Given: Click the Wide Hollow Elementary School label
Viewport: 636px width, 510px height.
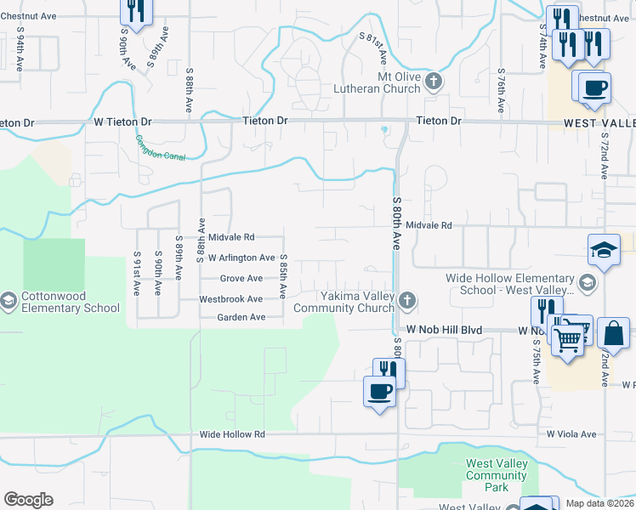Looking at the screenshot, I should (511, 284).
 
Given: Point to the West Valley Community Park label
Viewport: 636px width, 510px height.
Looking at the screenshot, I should (497, 475).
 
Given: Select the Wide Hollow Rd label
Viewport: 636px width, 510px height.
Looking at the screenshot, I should (232, 434).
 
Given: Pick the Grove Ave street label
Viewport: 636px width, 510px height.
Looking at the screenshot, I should (241, 278).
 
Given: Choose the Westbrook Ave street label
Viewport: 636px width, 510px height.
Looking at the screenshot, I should (230, 299).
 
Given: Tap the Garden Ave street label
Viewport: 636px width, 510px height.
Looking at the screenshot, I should (241, 317).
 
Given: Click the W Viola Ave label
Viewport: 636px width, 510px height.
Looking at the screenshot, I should (571, 433).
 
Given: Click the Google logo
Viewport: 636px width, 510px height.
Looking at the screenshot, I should (28, 500).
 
